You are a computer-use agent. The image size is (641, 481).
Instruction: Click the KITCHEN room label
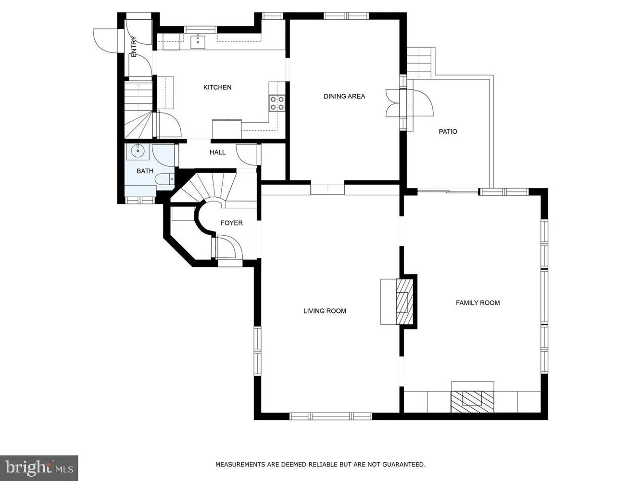(x=217, y=88)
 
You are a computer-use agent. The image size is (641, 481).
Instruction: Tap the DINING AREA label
(x=344, y=96)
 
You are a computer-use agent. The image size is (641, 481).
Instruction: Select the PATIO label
(x=448, y=132)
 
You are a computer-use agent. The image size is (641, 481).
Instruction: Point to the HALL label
(x=217, y=152)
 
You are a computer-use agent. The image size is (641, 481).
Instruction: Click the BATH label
(x=145, y=171)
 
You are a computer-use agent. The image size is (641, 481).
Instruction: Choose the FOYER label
(x=232, y=223)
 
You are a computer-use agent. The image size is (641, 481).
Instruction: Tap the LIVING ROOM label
(x=325, y=311)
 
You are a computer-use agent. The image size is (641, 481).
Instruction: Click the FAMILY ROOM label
(x=478, y=303)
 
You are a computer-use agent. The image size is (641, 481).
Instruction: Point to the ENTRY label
(x=134, y=47)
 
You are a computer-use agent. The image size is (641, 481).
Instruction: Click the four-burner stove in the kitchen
(x=277, y=103)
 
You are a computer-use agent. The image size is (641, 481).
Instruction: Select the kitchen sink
(x=198, y=41)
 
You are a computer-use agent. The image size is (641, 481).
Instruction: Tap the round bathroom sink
(x=137, y=151)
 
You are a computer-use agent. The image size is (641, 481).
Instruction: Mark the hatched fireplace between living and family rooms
(x=404, y=302)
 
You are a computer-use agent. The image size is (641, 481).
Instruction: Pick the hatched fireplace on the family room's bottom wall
(x=472, y=402)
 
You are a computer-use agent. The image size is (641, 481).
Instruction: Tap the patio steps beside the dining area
(x=419, y=63)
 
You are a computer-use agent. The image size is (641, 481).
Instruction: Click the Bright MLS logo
(x=39, y=468)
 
